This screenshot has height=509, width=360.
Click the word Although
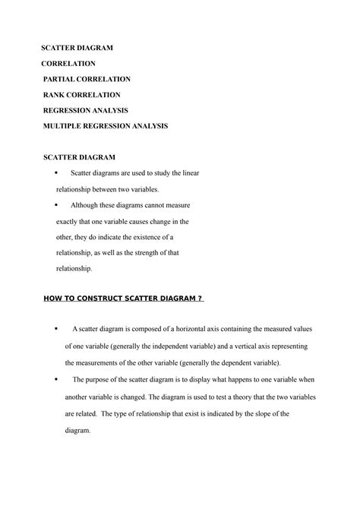click(86, 205)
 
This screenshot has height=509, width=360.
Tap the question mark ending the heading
click(199, 299)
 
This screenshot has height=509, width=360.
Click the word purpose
click(99, 379)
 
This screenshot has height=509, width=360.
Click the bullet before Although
click(58, 205)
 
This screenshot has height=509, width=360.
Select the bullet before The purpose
click(57, 378)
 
